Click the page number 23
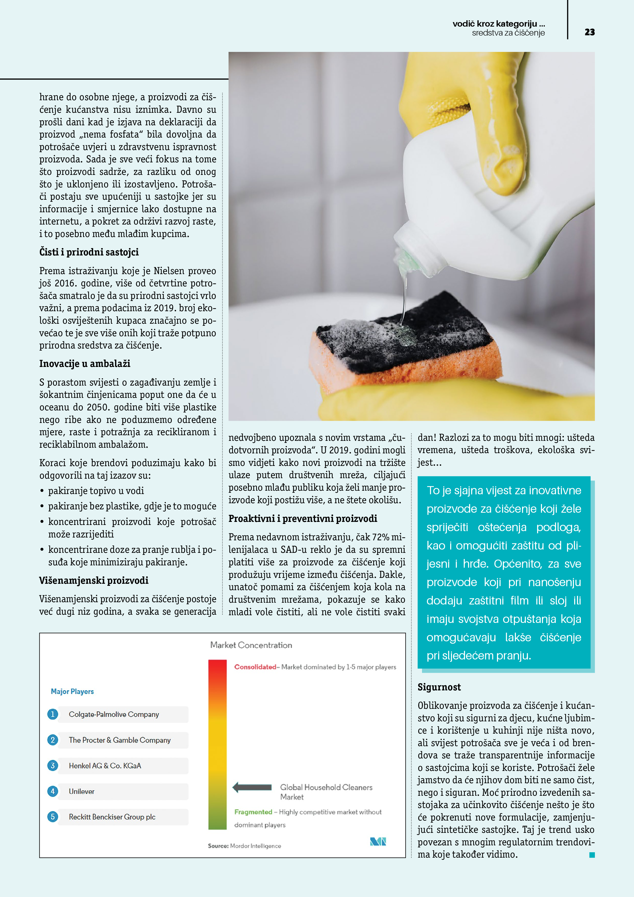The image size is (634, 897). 590,32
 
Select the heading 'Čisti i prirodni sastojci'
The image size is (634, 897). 89,252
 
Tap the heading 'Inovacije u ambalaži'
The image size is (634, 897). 85,364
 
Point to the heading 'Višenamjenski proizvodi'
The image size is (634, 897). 94,580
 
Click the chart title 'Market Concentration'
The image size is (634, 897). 251,645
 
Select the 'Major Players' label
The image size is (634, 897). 72,691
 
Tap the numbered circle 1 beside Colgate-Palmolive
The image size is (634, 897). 53,714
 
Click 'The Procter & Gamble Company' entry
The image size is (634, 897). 120,740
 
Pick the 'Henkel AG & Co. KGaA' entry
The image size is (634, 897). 105,766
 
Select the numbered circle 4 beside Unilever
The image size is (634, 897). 53,791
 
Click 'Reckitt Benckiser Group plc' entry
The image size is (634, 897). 112,817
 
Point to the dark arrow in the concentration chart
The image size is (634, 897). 252,787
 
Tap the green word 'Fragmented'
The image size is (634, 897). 253,812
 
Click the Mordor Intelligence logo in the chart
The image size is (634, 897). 378,842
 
